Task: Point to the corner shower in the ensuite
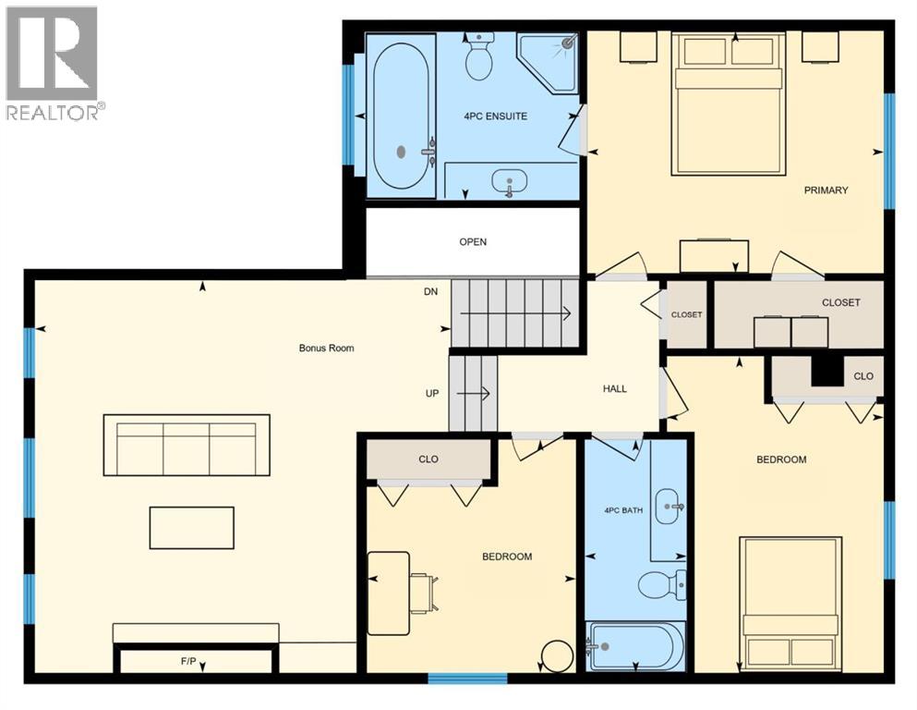tap(550, 60)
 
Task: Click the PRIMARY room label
tap(826, 190)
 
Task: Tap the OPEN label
tap(473, 242)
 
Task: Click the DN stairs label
tap(430, 291)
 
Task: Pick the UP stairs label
tap(430, 393)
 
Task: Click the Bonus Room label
tap(326, 349)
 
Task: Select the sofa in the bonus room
tap(186, 445)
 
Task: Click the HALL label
tap(614, 388)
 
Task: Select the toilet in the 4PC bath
tap(661, 584)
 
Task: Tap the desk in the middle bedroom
tap(389, 593)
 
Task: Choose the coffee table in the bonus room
tap(192, 528)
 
